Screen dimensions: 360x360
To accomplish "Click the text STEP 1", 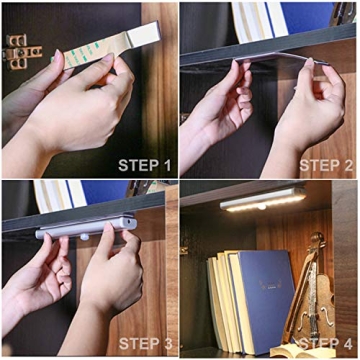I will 145,165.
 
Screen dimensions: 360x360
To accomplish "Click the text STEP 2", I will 326,165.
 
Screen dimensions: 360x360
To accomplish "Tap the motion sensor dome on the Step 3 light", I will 84,237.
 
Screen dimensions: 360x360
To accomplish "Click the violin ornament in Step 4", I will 305,290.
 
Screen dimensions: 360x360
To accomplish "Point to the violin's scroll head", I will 316,243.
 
